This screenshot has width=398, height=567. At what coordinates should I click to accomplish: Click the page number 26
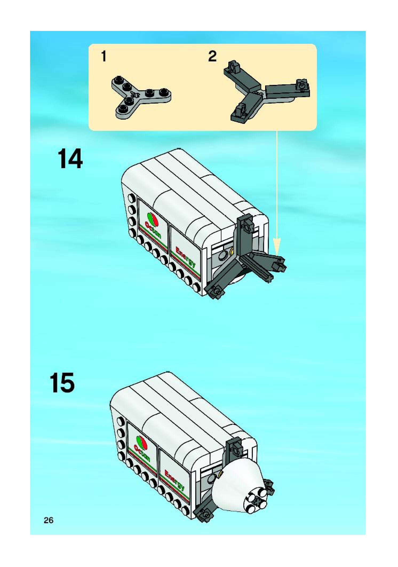point(49,520)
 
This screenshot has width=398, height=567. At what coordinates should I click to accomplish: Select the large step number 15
point(62,383)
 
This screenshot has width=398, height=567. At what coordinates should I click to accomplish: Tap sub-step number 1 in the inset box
point(104,57)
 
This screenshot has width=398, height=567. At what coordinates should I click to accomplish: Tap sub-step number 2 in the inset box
point(212,57)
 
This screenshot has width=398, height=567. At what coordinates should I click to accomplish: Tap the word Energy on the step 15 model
point(175,480)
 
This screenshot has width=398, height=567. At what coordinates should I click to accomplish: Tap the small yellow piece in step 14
point(231,251)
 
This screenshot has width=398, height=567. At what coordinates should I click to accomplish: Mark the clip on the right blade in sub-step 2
point(303,86)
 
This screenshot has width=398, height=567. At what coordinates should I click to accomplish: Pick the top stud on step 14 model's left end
point(131,198)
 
